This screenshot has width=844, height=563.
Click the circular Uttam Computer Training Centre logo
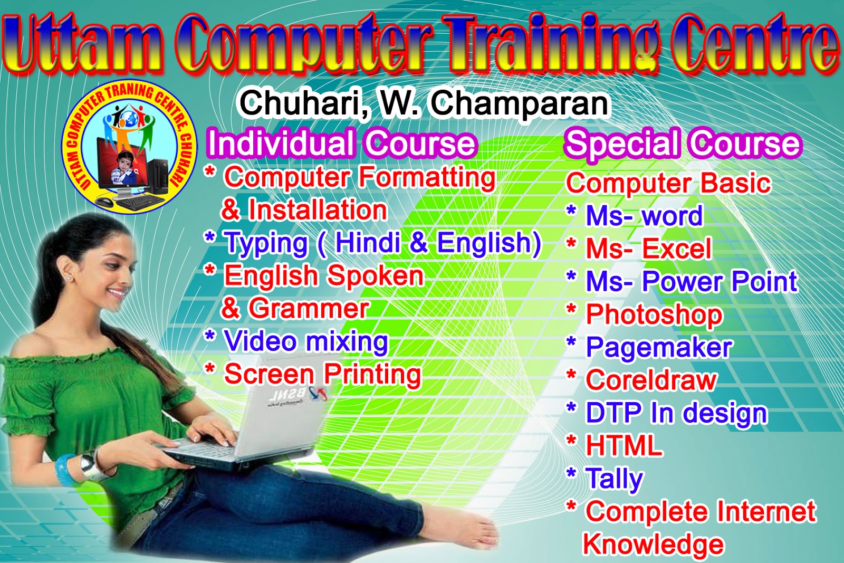point(129,148)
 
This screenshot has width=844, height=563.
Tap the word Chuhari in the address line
point(303,103)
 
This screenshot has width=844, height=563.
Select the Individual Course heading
point(342,143)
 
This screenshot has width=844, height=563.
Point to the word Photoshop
point(654,315)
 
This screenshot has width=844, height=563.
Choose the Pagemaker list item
point(659,348)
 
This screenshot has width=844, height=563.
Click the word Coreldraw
point(651,380)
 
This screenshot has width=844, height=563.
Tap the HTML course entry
point(624,446)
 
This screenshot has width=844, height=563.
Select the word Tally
point(615,479)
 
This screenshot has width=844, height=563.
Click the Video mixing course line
point(306,341)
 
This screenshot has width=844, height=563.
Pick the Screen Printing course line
point(323,374)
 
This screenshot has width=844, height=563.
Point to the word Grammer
point(309,308)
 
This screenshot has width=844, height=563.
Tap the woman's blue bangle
point(66,469)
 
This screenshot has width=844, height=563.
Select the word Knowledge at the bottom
point(653,545)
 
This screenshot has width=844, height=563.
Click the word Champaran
point(520,103)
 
